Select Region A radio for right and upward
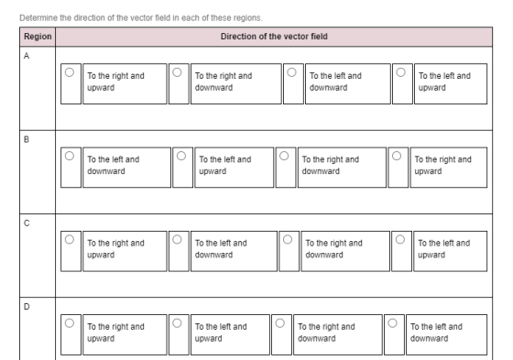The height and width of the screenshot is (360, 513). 70,72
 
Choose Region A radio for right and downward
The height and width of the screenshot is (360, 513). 177,72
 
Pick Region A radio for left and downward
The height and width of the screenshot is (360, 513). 291,72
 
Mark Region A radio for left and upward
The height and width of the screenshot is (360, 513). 401,72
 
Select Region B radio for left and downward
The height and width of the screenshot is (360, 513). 70,156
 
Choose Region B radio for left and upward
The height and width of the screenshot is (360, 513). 181,156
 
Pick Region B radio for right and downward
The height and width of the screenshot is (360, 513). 284,156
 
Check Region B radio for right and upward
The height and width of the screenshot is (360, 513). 397,156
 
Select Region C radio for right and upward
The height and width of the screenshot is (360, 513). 70,240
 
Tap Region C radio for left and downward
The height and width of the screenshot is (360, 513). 177,240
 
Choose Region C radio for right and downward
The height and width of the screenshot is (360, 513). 288,240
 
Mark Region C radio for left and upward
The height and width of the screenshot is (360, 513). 400,240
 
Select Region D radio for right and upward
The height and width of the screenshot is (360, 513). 70,323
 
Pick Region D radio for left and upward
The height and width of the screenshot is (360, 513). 177,323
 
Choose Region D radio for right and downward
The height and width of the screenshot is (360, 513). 279,323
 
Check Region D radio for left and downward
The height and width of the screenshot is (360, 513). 392,323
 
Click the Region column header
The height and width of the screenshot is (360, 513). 38,37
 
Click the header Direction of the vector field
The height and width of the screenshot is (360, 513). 274,37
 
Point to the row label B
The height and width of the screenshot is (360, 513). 27,139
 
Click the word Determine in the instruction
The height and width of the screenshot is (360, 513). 38,17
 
